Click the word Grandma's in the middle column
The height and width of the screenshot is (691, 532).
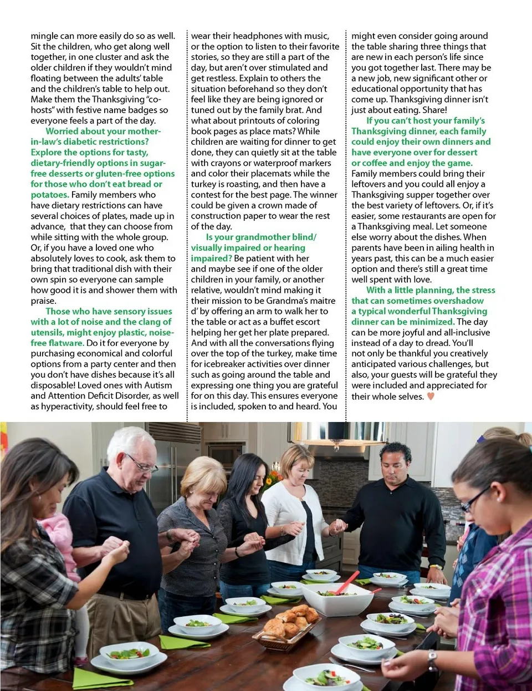[284, 301]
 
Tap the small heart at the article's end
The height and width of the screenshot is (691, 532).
[431, 396]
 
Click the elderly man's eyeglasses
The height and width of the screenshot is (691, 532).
[141, 463]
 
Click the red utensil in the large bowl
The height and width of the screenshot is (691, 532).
[347, 582]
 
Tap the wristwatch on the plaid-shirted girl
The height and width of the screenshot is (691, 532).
[432, 660]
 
